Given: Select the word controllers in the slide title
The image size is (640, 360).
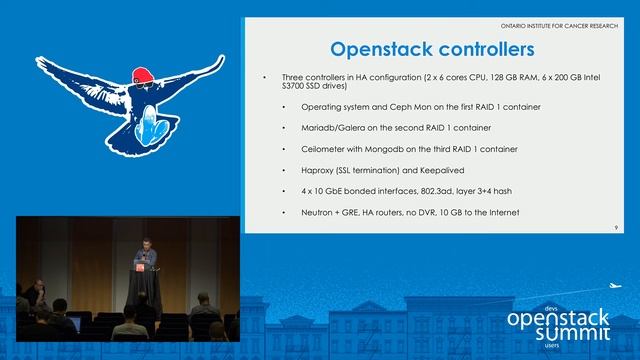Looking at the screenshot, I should click(x=485, y=48).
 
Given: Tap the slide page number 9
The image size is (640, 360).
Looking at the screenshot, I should click(x=617, y=229).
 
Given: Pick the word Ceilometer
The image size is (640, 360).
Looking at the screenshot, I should click(x=324, y=149).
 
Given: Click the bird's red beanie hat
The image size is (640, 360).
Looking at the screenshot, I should click(x=144, y=75).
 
